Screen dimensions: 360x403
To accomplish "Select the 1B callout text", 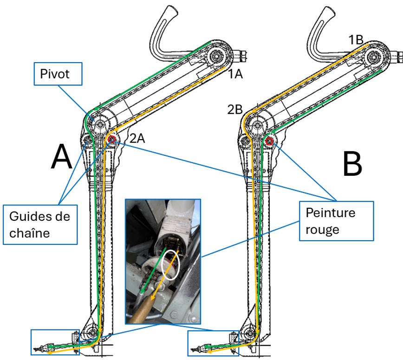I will click(x=357, y=40).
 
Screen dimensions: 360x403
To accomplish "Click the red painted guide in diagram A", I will click(x=111, y=139).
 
